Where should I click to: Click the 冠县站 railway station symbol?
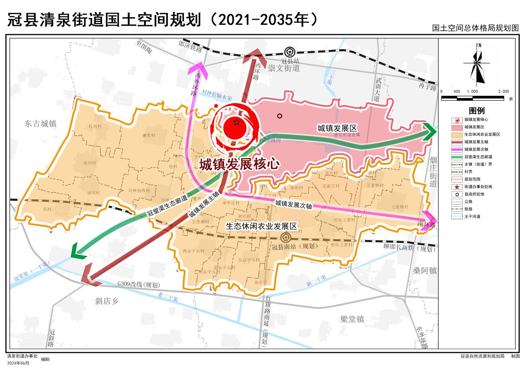[288, 52]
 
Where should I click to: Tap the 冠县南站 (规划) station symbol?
[285, 237]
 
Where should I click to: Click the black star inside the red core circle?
[236, 123]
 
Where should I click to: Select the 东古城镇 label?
[40, 124]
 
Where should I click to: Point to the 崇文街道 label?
[284, 68]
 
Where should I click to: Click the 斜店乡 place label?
[106, 301]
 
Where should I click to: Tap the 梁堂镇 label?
[352, 319]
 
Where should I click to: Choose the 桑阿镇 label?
[424, 270]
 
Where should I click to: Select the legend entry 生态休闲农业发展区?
[482, 134]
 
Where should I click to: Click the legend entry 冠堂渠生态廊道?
[478, 157]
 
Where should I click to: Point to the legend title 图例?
[477, 110]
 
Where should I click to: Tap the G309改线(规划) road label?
[139, 285]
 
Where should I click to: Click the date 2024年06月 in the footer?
[18, 363]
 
